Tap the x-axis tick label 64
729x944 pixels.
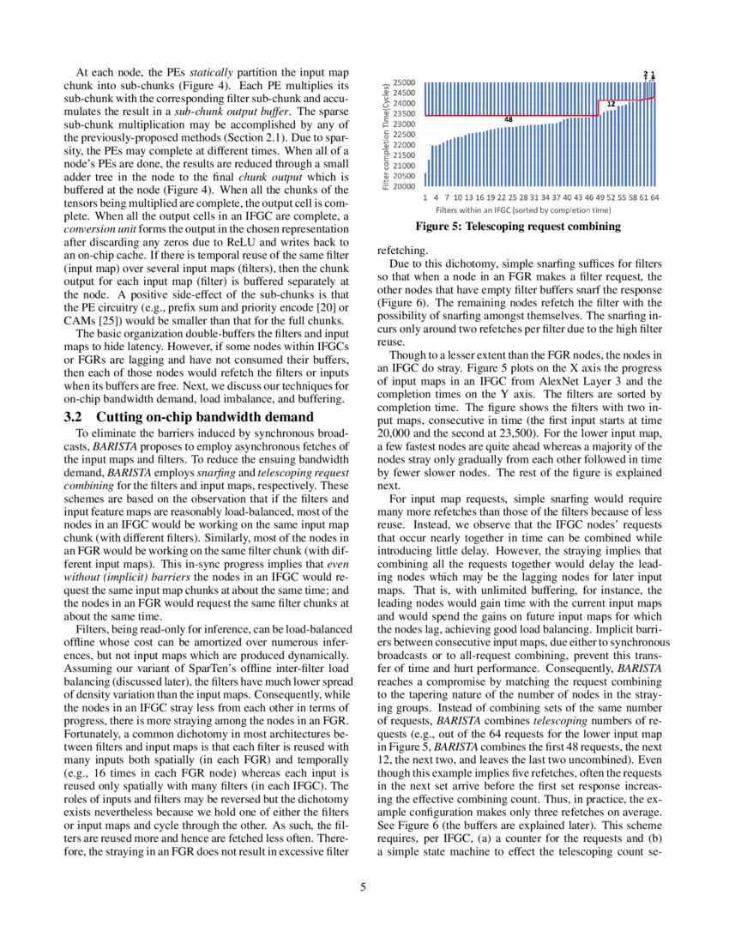[654, 197]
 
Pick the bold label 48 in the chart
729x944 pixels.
[509, 119]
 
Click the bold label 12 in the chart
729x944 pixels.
[611, 104]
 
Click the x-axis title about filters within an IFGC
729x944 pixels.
[523, 209]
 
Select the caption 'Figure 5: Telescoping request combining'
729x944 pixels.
[517, 227]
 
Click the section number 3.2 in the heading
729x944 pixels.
[73, 417]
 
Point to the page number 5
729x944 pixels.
[364, 887]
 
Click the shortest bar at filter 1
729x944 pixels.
[426, 179]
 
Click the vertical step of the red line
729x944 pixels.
[599, 107]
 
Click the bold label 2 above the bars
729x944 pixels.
[645, 74]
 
